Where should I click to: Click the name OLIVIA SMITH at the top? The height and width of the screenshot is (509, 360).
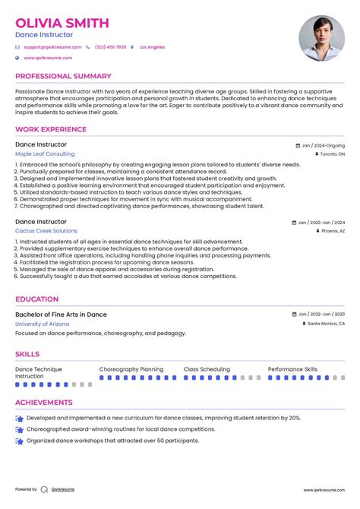(62, 23)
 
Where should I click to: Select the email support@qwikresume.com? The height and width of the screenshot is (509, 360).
(50, 47)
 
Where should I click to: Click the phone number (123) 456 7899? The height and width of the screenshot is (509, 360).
(110, 47)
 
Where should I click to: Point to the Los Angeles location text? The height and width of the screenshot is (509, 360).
(152, 47)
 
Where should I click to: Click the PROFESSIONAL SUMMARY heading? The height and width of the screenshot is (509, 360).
(63, 77)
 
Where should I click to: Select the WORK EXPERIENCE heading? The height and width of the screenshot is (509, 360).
(51, 130)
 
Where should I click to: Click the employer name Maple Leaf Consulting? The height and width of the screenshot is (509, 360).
(45, 153)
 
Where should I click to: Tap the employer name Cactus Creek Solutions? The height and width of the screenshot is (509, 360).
(46, 231)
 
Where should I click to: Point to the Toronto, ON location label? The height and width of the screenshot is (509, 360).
(329, 153)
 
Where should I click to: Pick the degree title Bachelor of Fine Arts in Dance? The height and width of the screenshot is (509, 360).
(61, 315)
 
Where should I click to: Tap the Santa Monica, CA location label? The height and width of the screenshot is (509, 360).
(325, 324)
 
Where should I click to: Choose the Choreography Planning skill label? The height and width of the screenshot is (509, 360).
(131, 369)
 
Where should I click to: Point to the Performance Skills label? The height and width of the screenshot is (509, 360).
(292, 369)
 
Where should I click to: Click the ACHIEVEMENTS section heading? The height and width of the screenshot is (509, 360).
(44, 403)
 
